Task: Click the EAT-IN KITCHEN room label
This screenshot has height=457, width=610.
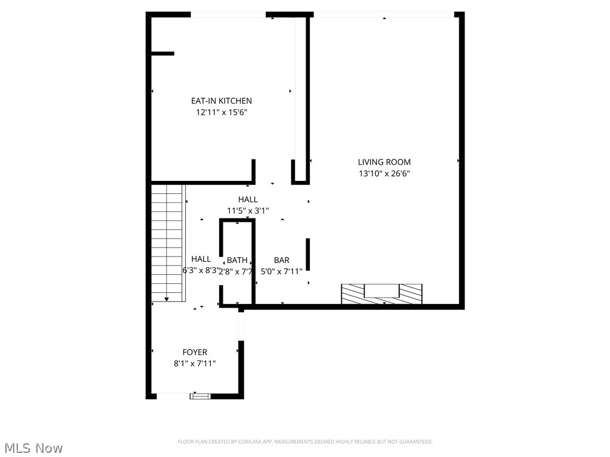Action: click(x=221, y=101)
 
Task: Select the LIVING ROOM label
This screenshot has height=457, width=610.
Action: click(x=384, y=162)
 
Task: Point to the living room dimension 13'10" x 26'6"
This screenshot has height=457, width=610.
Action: click(x=384, y=174)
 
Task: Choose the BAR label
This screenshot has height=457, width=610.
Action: click(x=282, y=260)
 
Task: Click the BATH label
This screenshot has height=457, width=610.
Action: click(x=237, y=260)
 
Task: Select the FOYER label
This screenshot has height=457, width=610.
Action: click(x=195, y=352)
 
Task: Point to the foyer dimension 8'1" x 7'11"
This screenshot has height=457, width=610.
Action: click(x=195, y=364)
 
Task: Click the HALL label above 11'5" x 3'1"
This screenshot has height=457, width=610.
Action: click(x=248, y=199)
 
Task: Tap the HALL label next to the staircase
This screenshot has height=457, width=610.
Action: click(x=201, y=259)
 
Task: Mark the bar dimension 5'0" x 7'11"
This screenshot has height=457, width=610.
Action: click(x=282, y=271)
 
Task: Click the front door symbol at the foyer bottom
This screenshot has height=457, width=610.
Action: click(x=200, y=396)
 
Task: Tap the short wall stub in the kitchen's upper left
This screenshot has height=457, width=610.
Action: click(x=162, y=54)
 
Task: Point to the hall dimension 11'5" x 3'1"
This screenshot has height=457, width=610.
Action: click(x=248, y=211)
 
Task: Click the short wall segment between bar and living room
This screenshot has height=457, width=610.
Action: click(x=308, y=254)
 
